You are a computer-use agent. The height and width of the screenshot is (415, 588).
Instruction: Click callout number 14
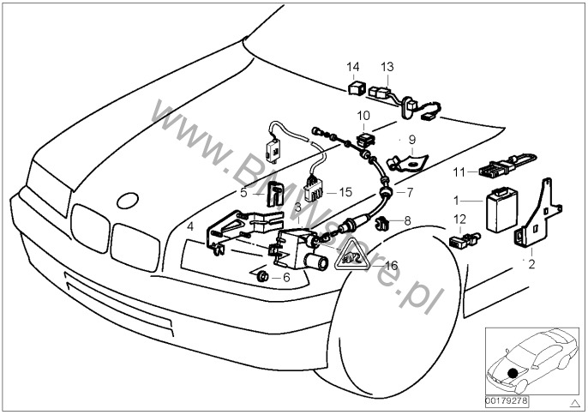click(x=354, y=66)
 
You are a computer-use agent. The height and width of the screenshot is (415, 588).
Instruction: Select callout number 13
click(x=387, y=66)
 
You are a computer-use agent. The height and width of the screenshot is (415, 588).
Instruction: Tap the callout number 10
click(x=363, y=115)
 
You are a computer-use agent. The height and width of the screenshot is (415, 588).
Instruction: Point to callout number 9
click(x=411, y=138)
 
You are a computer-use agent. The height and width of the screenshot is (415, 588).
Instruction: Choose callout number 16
click(x=392, y=266)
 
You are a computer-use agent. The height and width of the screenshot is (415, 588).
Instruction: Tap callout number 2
click(x=531, y=264)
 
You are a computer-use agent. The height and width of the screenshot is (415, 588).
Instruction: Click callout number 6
click(x=287, y=277)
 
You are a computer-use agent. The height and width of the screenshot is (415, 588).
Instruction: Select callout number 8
click(x=407, y=220)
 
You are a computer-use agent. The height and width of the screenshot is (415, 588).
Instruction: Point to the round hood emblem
click(x=127, y=201)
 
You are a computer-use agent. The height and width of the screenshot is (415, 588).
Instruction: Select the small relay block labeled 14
click(x=356, y=86)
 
